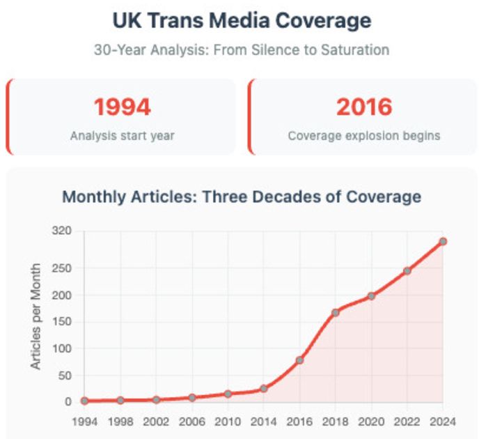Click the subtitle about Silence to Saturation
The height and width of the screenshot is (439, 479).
pyautogui.click(x=242, y=50)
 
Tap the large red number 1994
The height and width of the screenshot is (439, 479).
pyautogui.click(x=122, y=107)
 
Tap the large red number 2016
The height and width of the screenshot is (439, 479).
pyautogui.click(x=364, y=107)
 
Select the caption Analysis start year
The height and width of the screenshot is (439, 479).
pyautogui.click(x=122, y=136)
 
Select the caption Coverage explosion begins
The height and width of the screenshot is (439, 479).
pyautogui.click(x=364, y=136)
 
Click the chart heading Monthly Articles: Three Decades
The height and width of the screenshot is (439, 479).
pyautogui.click(x=242, y=197)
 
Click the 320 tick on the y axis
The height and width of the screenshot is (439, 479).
pyautogui.click(x=62, y=231)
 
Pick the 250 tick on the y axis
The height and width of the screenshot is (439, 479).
pyautogui.click(x=62, y=268)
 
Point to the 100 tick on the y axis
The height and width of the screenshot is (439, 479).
pyautogui.click(x=62, y=348)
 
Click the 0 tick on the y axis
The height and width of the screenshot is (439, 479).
pyautogui.click(x=68, y=402)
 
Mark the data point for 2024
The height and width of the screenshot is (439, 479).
pyautogui.click(x=442, y=241)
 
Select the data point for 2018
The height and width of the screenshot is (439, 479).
pyautogui.click(x=335, y=312)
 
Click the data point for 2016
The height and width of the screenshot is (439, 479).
pyautogui.click(x=299, y=360)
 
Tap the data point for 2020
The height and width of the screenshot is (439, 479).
pyautogui.click(x=371, y=296)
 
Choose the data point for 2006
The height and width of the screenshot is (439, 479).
pyautogui.click(x=191, y=397)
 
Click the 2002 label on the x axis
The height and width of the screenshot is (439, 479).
pyautogui.click(x=156, y=422)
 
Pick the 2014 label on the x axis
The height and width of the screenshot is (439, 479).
pyautogui.click(x=263, y=422)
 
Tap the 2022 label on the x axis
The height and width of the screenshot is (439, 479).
pyautogui.click(x=407, y=422)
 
